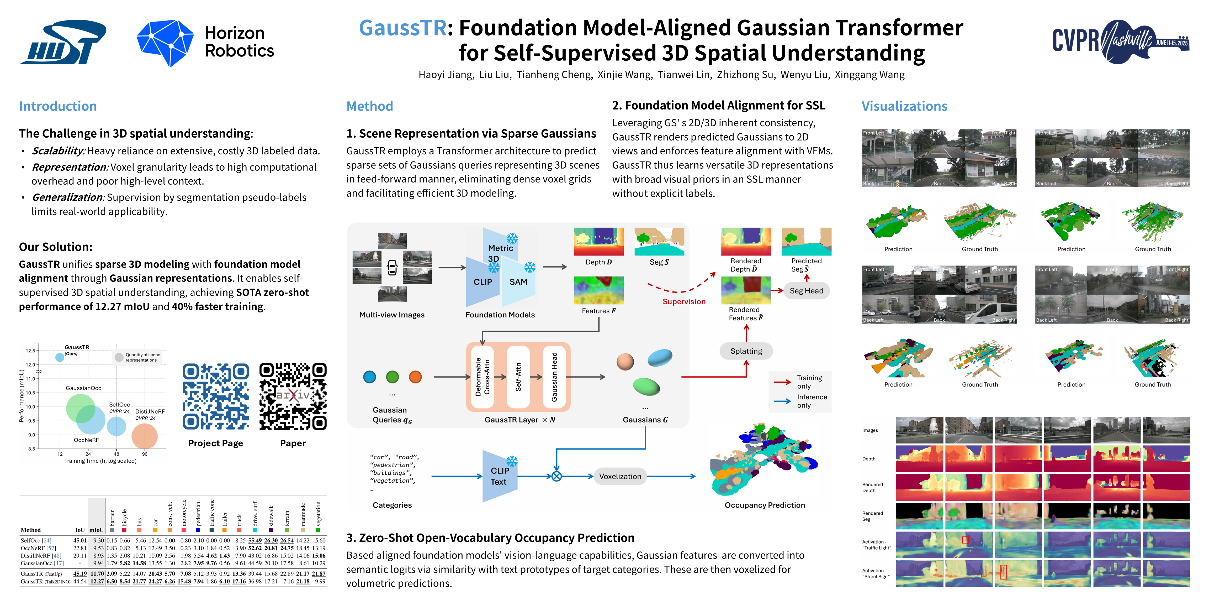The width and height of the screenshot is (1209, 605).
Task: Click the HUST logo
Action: click(63, 42)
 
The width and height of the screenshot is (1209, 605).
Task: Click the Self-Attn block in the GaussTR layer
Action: click(518, 377)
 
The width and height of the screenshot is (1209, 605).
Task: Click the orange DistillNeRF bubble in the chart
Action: click(145, 436)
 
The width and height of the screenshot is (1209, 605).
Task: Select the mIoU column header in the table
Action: click(96, 530)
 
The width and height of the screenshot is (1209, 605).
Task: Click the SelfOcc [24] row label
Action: click(36, 541)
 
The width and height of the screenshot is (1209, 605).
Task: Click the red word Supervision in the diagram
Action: click(684, 301)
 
